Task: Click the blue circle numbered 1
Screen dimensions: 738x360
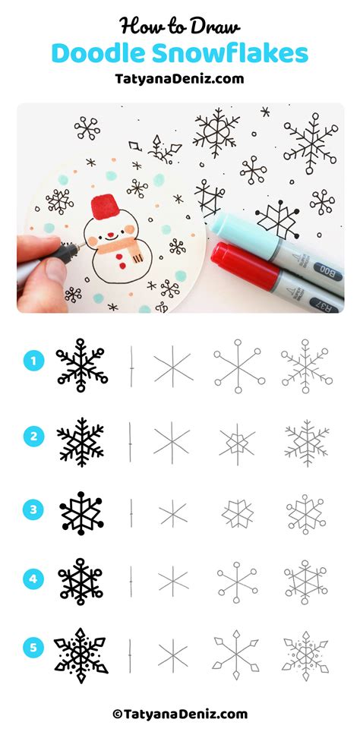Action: point(32,361)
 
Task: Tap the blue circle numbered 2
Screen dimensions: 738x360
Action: point(32,436)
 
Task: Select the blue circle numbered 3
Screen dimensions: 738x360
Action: point(32,509)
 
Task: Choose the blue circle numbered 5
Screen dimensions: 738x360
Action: point(32,648)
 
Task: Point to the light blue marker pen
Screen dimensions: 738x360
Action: point(273,238)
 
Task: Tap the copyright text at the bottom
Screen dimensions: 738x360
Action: point(180,714)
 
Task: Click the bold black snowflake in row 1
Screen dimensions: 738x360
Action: point(81,364)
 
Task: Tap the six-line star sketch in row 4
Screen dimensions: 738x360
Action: point(173,581)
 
